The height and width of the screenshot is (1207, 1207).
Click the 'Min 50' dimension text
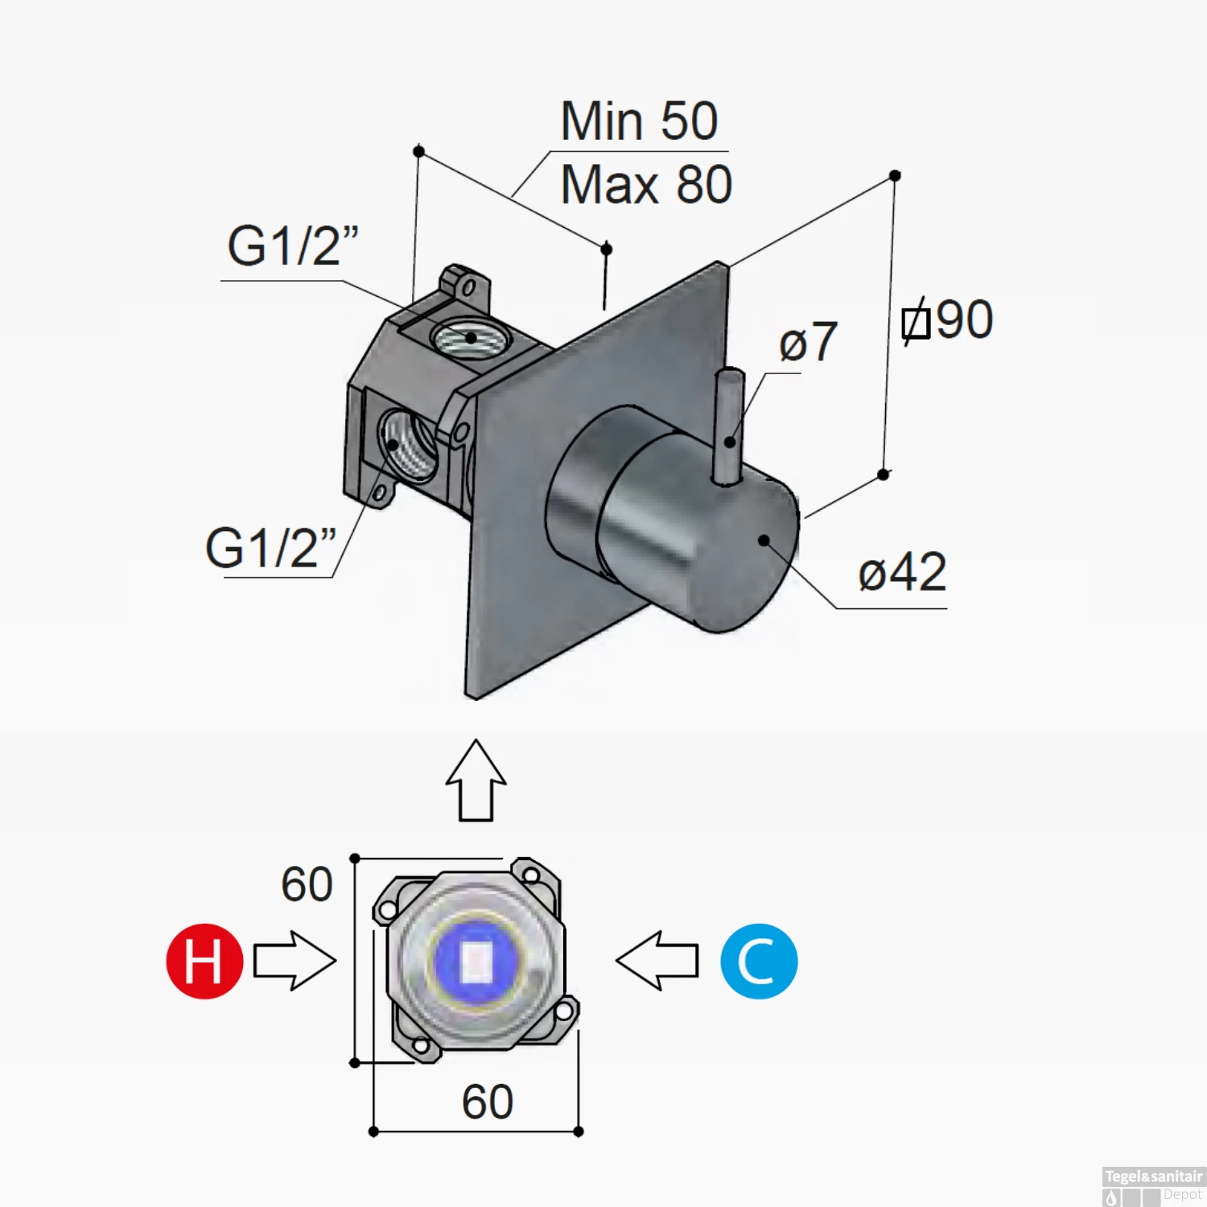639,122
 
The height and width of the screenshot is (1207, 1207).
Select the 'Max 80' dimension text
645,185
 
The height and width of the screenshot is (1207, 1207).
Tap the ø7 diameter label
807,342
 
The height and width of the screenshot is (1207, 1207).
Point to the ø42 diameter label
902,572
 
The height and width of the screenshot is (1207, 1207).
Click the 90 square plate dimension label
947,320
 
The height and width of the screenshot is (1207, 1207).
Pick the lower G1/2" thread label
270,548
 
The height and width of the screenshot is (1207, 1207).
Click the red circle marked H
204,961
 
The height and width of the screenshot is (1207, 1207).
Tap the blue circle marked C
758,961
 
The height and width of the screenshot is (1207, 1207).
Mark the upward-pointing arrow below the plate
476,781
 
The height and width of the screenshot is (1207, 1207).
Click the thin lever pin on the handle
729,426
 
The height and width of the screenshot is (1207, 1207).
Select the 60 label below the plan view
487,1102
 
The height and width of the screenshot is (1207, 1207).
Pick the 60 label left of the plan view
307,884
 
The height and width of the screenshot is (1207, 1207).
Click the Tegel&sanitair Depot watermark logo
1153,1186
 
